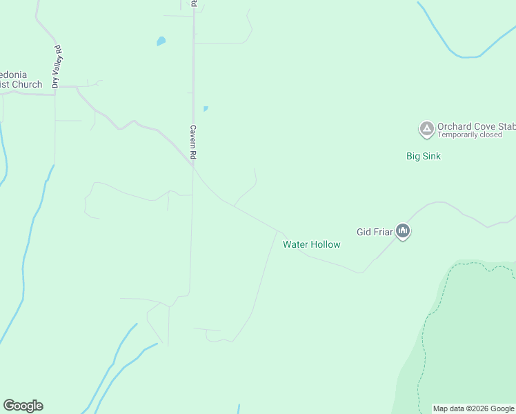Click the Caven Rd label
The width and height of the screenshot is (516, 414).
[195, 143]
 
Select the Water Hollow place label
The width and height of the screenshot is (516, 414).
[312, 244]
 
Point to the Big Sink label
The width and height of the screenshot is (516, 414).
[423, 156]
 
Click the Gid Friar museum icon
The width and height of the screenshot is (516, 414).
[404, 232]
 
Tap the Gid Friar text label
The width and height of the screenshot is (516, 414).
[375, 232]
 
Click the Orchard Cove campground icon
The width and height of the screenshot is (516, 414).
[426, 128]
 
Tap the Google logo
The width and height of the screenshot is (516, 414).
[23, 406]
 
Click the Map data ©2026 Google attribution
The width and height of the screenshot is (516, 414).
[473, 408]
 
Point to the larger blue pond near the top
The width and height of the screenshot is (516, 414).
[161, 41]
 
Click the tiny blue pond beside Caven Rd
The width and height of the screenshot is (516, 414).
[205, 108]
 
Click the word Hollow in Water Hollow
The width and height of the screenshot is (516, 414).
[326, 244]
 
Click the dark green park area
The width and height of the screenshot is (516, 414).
[469, 338]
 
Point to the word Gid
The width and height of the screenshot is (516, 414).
[364, 232]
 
